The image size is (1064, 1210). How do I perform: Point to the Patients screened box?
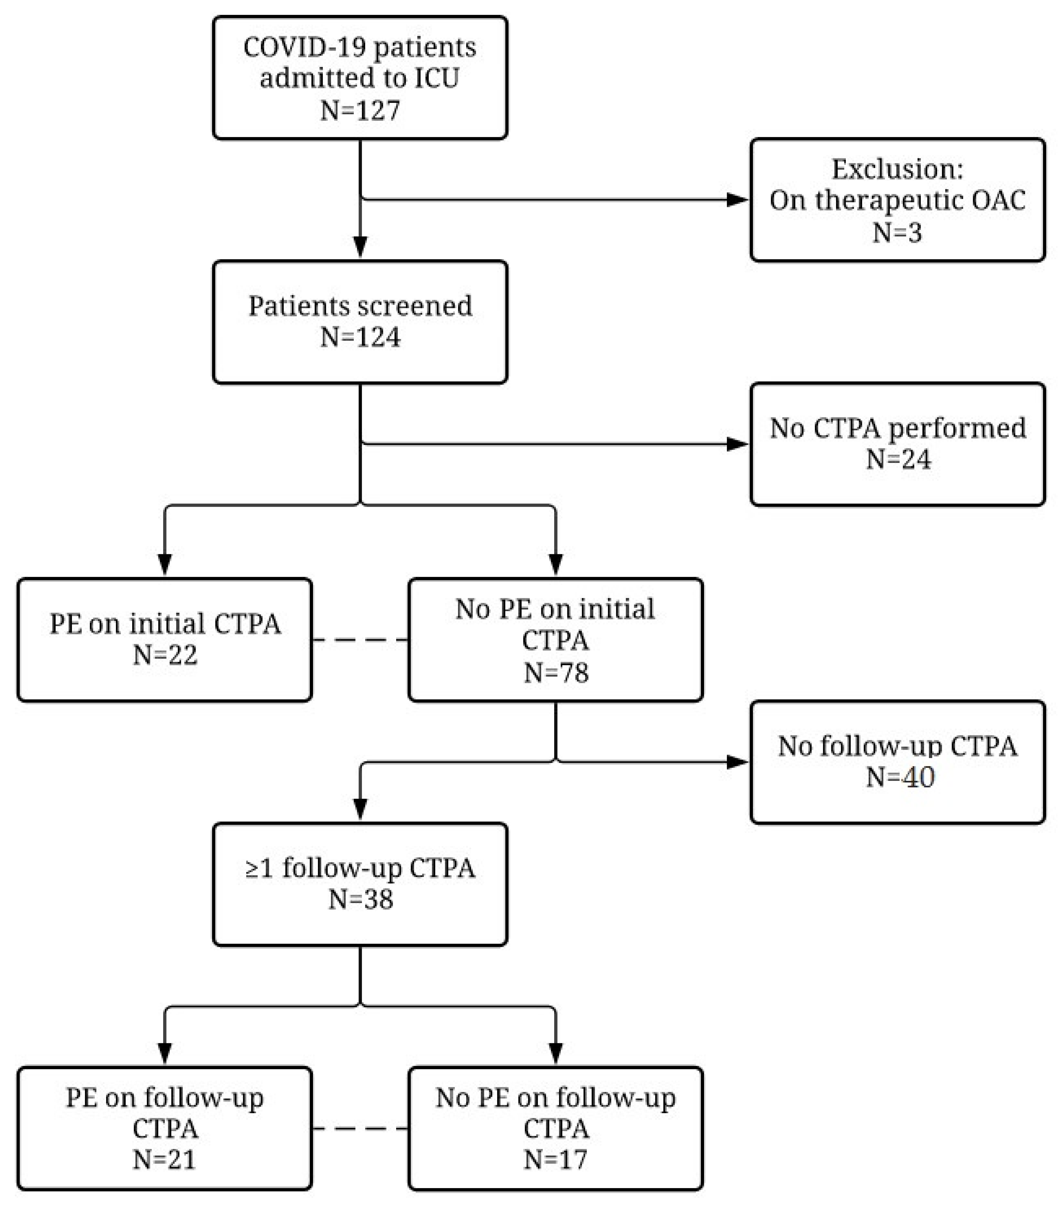pos(360,322)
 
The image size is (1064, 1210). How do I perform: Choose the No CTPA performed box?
pos(898,444)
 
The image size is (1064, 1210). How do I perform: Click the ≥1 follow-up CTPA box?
pos(360,884)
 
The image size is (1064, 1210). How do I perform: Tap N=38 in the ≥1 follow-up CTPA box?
pos(360,899)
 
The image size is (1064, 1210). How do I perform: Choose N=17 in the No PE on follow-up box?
pos(555,1160)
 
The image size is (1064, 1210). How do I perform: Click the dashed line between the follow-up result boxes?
pos(360,1128)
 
